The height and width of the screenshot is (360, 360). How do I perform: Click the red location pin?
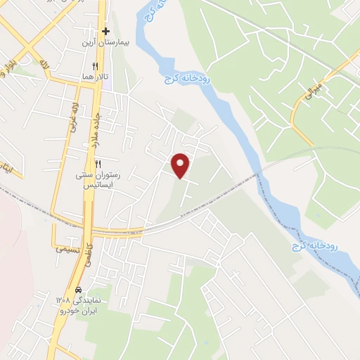coord(181,165)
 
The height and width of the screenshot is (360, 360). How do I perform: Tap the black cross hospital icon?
coord(105,32)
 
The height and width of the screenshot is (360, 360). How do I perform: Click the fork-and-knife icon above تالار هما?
coord(105,65)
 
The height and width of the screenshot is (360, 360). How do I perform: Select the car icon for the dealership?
coord(79,290)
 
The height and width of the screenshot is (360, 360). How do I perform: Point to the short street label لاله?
coord(45,65)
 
